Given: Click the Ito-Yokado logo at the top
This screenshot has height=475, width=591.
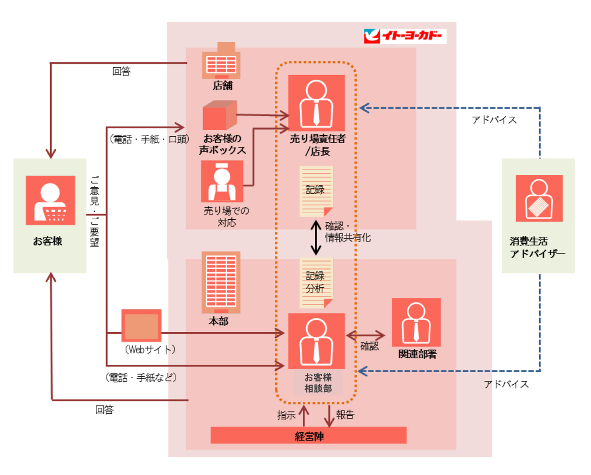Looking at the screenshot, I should tap(405, 36).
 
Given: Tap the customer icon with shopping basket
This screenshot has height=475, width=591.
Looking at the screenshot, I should tap(50, 200).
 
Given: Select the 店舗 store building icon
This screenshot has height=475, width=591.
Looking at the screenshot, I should tap(221, 61).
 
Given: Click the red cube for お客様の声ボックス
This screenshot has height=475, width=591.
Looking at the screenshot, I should tap(219, 115).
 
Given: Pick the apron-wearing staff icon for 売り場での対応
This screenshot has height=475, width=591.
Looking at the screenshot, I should tap(222, 181).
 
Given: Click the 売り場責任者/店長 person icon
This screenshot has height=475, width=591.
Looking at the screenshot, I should tap(316, 103).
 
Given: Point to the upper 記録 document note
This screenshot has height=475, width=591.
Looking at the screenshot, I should tap(316, 191).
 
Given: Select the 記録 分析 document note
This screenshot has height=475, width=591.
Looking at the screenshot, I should tap(316, 283).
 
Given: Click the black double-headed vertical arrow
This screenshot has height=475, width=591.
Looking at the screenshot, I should tap(316, 238).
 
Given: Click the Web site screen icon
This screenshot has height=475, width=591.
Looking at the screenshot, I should tap(141, 325).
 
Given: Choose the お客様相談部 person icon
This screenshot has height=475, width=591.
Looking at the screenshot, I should tap(316, 341).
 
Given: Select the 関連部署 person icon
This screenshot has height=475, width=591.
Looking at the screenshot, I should tap(416, 322).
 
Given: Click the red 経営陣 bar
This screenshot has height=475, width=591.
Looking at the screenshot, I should tap(308, 436).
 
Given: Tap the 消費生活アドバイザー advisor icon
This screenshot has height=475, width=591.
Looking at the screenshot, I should tap(539, 198).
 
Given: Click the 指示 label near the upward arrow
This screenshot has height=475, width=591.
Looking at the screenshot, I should tap(286, 415).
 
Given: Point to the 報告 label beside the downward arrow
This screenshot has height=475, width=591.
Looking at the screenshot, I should tap(345, 415).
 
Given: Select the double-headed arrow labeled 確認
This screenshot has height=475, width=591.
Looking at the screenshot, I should tap(366, 336).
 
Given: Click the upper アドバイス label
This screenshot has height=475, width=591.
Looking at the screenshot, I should tap(494, 120).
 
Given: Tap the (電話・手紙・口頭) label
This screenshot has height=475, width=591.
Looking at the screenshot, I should tap(149, 139).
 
